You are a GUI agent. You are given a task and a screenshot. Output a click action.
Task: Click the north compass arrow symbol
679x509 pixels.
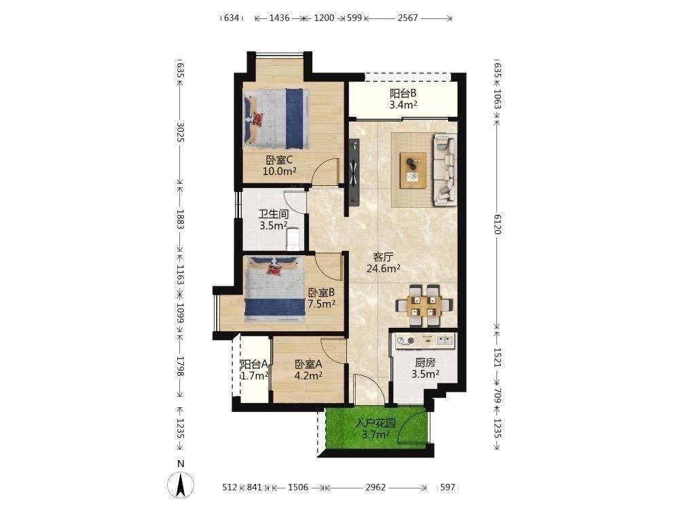(181, 485)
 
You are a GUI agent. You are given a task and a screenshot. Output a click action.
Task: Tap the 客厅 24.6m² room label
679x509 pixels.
(383, 263)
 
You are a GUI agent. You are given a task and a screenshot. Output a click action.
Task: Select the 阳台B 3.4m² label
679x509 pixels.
(403, 98)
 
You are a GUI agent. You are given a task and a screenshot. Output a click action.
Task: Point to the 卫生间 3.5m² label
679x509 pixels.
(274, 220)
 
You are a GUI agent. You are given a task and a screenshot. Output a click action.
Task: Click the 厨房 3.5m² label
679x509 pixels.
(425, 369)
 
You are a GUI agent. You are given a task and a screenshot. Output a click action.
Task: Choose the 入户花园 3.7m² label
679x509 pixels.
(375, 428)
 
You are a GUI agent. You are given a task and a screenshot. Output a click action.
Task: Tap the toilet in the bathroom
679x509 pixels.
(293, 239)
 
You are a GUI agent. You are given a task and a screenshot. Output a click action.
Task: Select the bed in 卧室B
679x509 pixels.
(274, 288)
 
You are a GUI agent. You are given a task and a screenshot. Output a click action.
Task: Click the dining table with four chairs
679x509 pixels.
(425, 305)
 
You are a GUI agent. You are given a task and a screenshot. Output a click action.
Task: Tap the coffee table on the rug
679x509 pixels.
(413, 170)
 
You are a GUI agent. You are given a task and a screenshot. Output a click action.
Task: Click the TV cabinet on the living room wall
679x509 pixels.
(354, 173)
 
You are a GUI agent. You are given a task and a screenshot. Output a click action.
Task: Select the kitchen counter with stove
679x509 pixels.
(425, 341)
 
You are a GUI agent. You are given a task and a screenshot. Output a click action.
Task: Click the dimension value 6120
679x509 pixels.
(497, 224)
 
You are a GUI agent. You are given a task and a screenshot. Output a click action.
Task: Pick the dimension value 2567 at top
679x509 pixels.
(408, 18)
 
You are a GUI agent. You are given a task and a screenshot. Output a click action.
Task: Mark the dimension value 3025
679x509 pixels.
(181, 132)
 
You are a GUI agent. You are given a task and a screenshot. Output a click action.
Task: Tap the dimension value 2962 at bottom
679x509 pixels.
(375, 487)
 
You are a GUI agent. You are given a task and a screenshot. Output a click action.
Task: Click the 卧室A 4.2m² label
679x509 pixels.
(308, 370)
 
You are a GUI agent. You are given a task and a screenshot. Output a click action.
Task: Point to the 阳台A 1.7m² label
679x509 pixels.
(255, 370)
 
